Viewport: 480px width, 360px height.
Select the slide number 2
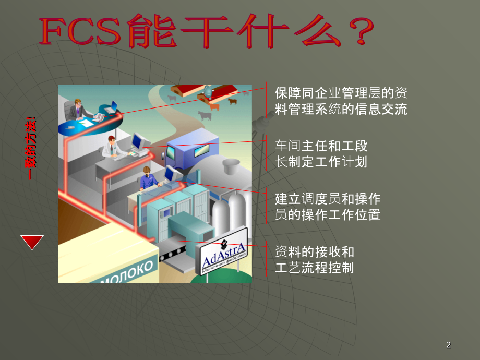(449, 345)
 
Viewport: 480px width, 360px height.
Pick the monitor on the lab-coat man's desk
(138, 141)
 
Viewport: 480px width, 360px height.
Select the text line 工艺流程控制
(314, 268)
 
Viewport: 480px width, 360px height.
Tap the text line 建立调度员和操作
(328, 199)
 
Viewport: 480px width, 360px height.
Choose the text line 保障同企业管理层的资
(341, 93)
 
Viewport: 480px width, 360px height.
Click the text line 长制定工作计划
(321, 162)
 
